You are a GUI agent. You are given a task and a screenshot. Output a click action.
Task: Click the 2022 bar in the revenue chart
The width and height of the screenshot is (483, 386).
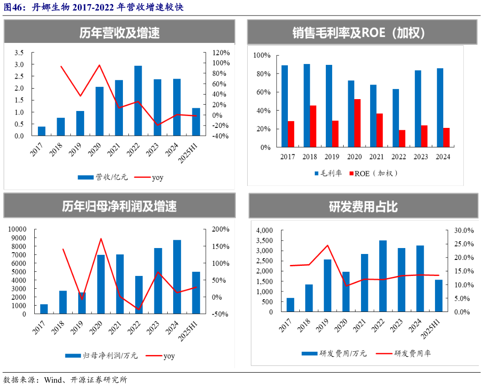(x=138, y=100)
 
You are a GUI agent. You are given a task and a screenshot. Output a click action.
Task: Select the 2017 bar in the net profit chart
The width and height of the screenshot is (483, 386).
(x=44, y=309)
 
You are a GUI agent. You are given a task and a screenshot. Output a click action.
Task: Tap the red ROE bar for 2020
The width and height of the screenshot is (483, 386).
(x=357, y=123)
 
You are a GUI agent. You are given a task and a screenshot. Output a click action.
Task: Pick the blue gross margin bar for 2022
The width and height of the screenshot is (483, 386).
(x=395, y=118)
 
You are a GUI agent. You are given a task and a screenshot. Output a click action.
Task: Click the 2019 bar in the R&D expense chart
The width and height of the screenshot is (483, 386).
(x=327, y=286)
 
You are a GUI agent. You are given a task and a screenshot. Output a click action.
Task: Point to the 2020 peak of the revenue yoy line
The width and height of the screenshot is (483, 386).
(x=100, y=65)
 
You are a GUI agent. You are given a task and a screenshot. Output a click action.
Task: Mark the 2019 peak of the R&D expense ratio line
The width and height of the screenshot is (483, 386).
(x=327, y=245)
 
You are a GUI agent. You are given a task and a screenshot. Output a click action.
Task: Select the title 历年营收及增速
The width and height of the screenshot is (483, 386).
(x=119, y=33)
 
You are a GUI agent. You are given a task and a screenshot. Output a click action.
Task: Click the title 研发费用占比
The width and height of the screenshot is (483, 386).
(x=363, y=207)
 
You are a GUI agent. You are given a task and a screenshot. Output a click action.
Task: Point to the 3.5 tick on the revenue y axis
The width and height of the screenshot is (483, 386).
(x=19, y=53)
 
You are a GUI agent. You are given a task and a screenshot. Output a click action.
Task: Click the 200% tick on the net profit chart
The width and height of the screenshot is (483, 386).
(x=220, y=229)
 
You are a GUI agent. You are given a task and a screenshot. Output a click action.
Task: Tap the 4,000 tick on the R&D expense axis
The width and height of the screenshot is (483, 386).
(x=265, y=230)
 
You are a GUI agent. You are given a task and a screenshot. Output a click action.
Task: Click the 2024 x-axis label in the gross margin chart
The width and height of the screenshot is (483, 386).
(x=443, y=157)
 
